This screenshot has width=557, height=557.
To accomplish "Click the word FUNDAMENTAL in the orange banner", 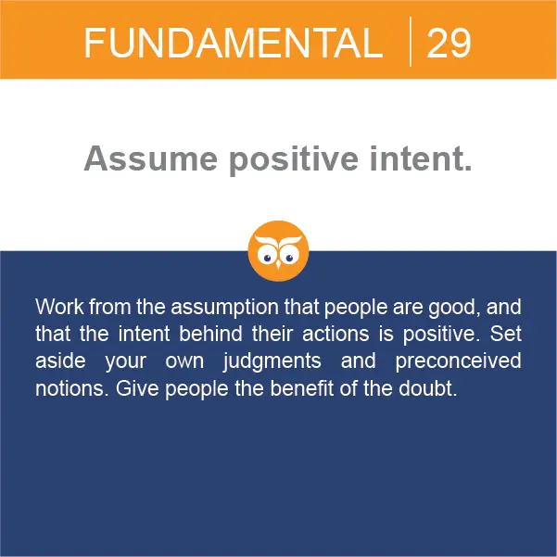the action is [234, 43].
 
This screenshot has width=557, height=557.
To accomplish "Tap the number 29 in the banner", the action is [449, 43].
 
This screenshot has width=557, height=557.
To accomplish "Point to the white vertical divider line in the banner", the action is [411, 42].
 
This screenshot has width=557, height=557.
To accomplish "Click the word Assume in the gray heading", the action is [151, 158].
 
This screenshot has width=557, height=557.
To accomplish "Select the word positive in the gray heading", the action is [294, 160].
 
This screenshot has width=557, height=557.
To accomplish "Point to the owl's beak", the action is [278, 265].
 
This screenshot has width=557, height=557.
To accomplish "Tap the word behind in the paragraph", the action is [210, 334].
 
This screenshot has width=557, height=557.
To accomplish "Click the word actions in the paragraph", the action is [335, 334].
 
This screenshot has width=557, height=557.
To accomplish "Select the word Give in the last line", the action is [137, 388].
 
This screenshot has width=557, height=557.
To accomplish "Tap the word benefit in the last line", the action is [301, 388].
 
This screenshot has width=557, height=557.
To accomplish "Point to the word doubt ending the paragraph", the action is [427, 388].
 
